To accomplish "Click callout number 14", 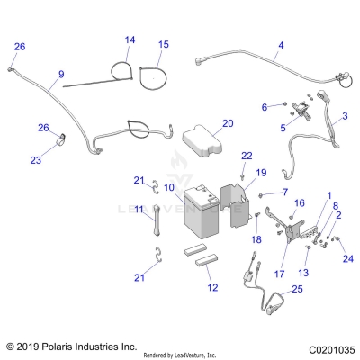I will pos(130,40).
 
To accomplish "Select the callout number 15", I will pos(163,44).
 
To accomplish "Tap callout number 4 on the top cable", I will pos(280,45).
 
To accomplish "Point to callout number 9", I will pos(61,74).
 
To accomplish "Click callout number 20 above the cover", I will pos(227,122).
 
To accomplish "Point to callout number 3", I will pos(344,117).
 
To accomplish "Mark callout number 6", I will pos(264,107).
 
